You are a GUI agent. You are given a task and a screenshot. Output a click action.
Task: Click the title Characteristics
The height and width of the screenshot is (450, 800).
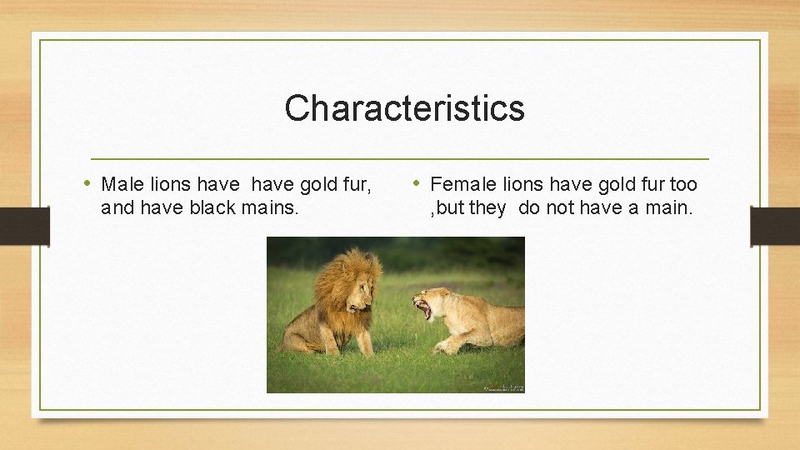pyautogui.click(x=404, y=108)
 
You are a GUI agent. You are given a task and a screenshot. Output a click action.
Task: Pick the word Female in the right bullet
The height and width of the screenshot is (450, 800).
pyautogui.click(x=462, y=184)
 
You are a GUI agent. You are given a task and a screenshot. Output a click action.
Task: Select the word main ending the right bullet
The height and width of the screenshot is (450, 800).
pyautogui.click(x=667, y=207)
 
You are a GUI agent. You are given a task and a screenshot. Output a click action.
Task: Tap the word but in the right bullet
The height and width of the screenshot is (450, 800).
pyautogui.click(x=450, y=207)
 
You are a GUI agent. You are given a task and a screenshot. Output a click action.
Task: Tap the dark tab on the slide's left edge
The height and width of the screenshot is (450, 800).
pyautogui.click(x=24, y=226)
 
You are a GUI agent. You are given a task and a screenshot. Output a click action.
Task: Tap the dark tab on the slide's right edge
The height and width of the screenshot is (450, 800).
pyautogui.click(x=775, y=226)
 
